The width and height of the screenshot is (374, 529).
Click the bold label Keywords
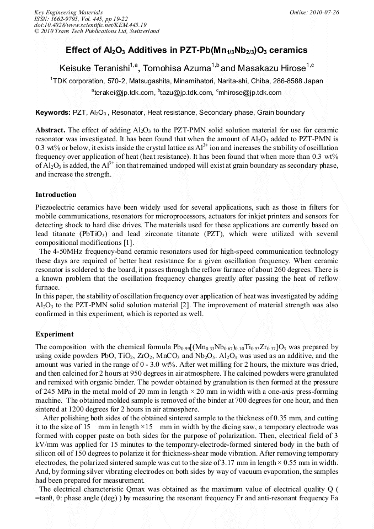[52, 113]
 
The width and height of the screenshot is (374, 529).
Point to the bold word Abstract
[50, 131]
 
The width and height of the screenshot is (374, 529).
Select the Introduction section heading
[56, 195]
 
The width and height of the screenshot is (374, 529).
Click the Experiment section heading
[55, 334]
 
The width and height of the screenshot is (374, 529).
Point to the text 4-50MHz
[55, 252]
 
